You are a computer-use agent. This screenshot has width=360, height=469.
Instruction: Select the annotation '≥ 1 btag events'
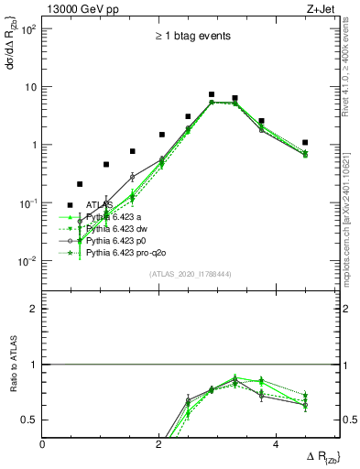coord(192,37)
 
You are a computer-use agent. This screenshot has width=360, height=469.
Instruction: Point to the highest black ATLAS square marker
coord(212,94)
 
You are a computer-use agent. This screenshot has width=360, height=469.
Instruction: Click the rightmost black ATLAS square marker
coord(305,142)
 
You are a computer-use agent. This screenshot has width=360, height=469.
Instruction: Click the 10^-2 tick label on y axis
coord(27,261)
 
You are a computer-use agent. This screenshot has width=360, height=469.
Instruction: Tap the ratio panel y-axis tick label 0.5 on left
coord(30,420)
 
